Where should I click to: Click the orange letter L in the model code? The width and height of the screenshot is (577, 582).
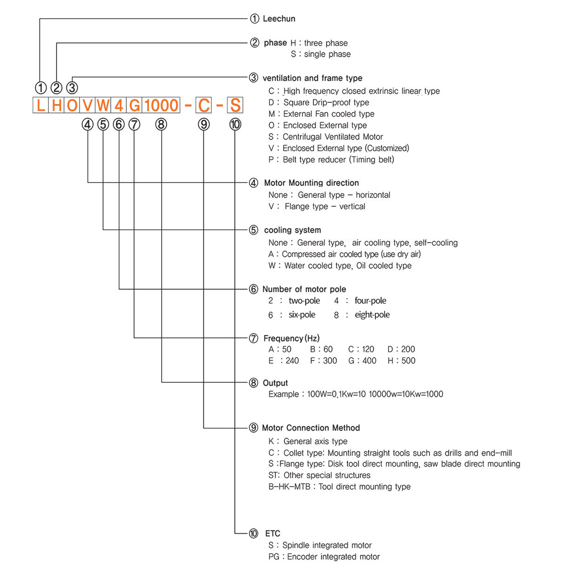41,105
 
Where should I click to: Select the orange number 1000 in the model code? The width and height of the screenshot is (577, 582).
161,105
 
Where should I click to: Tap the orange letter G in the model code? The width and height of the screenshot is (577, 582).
134,105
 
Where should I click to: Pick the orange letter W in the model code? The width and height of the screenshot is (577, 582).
103,105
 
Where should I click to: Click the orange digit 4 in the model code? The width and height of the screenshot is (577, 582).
119,105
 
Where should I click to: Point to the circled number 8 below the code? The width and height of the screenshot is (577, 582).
161,124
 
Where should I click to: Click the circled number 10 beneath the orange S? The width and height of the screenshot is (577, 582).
235,124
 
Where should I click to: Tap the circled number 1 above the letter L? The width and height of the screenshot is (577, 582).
41,88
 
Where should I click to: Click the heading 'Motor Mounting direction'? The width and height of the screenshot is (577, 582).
311,183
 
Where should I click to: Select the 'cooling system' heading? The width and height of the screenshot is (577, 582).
292,230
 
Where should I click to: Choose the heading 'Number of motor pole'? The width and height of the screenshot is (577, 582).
304,289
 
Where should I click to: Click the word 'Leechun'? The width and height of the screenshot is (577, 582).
279,19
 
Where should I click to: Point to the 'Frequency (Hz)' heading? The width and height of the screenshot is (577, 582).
291,338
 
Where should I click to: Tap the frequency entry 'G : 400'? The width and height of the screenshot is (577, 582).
362,361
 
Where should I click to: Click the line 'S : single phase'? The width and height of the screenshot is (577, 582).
321,54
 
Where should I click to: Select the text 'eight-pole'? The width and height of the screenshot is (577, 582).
372,315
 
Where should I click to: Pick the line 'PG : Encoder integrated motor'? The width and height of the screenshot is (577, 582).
324,557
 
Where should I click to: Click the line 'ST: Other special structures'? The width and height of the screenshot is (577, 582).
319,475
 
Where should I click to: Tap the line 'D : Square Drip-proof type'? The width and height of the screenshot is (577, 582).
319,102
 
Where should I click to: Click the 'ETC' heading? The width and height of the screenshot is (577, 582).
273,534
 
